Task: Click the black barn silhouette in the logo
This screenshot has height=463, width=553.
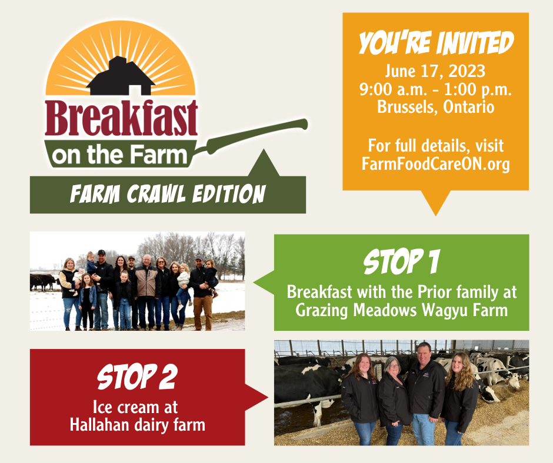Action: click(x=121, y=78)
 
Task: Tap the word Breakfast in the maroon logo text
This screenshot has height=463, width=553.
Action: click(x=121, y=118)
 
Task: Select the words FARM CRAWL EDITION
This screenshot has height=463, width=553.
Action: click(x=168, y=194)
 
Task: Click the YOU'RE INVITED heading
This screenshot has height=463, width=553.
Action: click(x=436, y=43)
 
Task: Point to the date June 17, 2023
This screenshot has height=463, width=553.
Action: click(x=435, y=72)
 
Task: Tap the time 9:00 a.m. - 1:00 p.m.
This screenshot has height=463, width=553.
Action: click(x=435, y=89)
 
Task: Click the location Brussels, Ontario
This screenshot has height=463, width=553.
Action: click(x=435, y=107)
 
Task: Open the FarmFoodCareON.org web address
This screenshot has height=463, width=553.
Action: click(x=435, y=164)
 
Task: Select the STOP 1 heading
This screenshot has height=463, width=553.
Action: click(x=401, y=261)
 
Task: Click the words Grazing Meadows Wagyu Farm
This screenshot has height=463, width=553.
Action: click(x=401, y=310)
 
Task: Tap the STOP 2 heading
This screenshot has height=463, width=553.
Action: click(x=137, y=377)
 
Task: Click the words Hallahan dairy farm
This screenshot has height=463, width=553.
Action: click(x=138, y=425)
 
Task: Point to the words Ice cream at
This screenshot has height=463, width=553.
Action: click(x=135, y=407)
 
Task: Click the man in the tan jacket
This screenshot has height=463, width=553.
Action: click(x=146, y=291)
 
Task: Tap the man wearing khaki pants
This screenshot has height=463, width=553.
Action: click(x=202, y=294)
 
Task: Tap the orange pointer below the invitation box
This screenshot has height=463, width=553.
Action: click(x=435, y=202)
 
